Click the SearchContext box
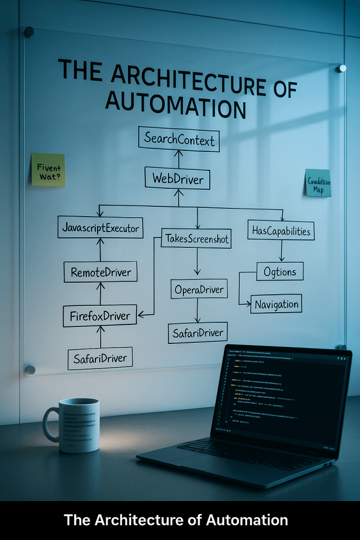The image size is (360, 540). [x=179, y=140]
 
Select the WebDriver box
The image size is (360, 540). [x=178, y=178]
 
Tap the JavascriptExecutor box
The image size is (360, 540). [x=100, y=227]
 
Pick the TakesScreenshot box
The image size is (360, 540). [x=197, y=239]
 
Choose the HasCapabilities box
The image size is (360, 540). [x=281, y=230]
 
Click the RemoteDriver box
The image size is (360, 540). [x=100, y=273]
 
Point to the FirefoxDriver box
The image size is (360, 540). [x=100, y=316]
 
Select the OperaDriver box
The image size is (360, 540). [x=199, y=289]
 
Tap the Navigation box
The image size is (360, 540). [x=276, y=304]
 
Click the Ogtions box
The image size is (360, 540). [x=280, y=272]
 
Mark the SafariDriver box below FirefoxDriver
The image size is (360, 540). [x=100, y=359]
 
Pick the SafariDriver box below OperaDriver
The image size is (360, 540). [x=198, y=333]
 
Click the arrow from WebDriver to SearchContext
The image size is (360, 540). [x=178, y=159]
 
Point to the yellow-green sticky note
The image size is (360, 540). [x=48, y=170]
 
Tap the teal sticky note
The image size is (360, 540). [x=318, y=183]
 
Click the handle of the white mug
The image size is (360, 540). [x=50, y=425]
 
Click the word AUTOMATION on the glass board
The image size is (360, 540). [x=176, y=105]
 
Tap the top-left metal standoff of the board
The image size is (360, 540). [x=29, y=32]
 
